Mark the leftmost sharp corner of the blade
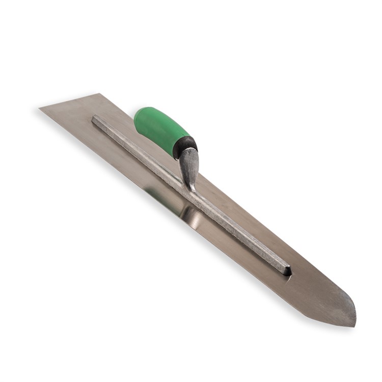point(40,108)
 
